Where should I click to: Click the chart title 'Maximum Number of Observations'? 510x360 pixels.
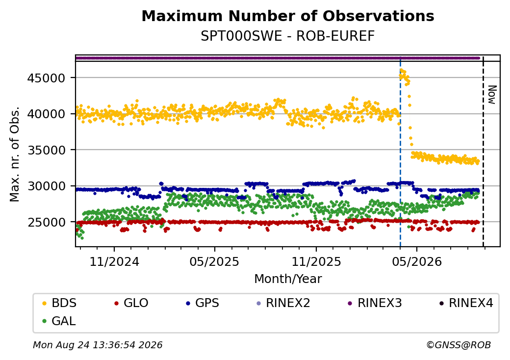click(288, 16)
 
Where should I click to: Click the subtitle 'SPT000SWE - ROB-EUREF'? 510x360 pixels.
click(288, 36)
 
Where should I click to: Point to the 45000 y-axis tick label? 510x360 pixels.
click(47, 78)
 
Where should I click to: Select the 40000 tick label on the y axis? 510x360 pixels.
click(47, 114)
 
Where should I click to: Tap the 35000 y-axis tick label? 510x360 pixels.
click(47, 150)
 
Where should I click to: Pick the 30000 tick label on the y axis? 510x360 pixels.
click(47, 186)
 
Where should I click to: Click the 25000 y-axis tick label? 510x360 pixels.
click(47, 223)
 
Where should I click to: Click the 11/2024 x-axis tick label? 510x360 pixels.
click(114, 261)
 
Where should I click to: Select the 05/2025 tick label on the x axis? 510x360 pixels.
click(214, 261)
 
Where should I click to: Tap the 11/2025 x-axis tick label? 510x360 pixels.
click(316, 261)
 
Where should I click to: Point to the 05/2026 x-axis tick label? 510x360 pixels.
click(417, 261)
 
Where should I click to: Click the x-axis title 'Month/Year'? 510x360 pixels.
click(288, 279)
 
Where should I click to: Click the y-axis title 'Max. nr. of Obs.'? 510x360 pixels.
click(15, 154)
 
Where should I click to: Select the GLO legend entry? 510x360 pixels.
click(131, 303)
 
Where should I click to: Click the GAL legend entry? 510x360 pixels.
click(59, 321)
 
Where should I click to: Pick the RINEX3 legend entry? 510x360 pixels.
click(375, 303)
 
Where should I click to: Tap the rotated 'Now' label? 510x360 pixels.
click(493, 95)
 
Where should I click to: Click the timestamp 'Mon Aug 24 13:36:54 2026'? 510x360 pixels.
click(98, 345)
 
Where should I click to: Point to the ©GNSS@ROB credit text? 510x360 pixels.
click(459, 345)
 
